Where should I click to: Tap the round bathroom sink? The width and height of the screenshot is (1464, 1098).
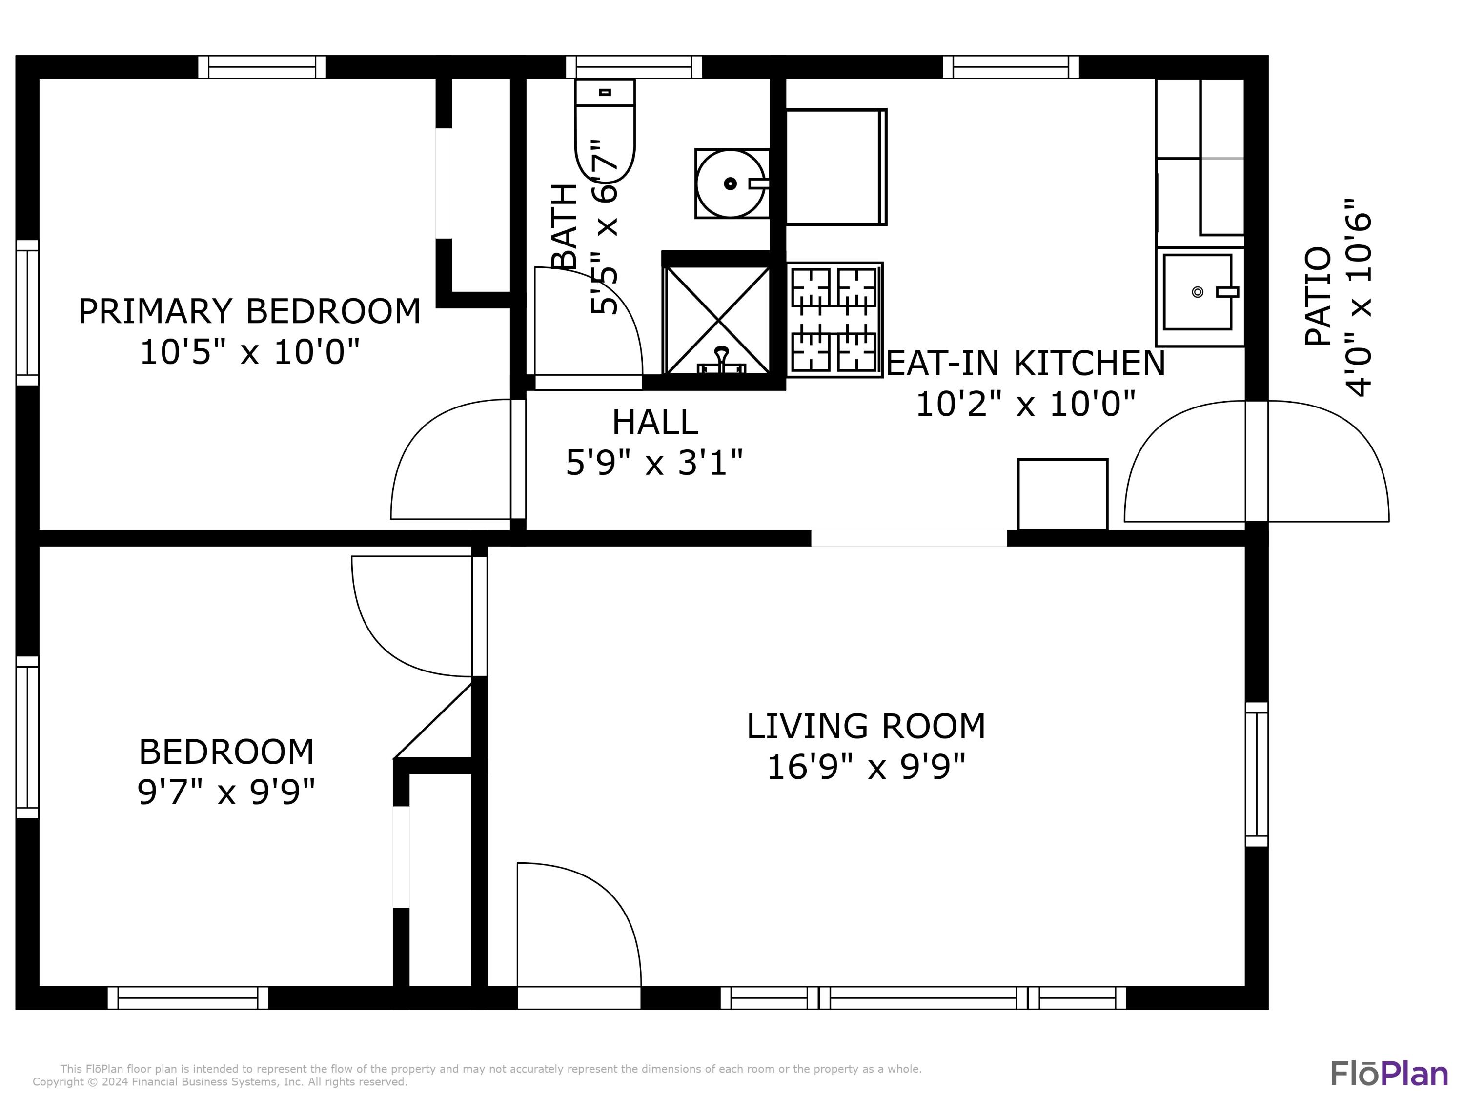pyautogui.click(x=730, y=184)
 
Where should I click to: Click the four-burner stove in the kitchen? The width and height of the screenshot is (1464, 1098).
pyautogui.click(x=834, y=320)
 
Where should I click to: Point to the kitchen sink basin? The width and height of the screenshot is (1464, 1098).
pyautogui.click(x=1197, y=292)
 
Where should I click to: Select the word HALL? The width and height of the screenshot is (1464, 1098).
pyautogui.click(x=654, y=422)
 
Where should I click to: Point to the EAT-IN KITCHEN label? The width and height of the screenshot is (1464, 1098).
pyautogui.click(x=1025, y=364)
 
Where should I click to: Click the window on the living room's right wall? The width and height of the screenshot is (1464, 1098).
pyautogui.click(x=1256, y=774)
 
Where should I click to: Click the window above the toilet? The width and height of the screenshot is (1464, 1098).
pyautogui.click(x=633, y=67)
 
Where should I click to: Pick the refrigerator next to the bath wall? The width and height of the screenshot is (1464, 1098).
pyautogui.click(x=835, y=167)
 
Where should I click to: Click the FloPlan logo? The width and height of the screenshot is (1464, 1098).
pyautogui.click(x=1388, y=1074)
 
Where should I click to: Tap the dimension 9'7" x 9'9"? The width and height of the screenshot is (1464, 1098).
pyautogui.click(x=226, y=792)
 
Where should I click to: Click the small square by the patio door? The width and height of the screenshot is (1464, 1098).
pyautogui.click(x=1062, y=494)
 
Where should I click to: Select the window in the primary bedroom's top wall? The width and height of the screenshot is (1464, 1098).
pyautogui.click(x=262, y=67)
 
